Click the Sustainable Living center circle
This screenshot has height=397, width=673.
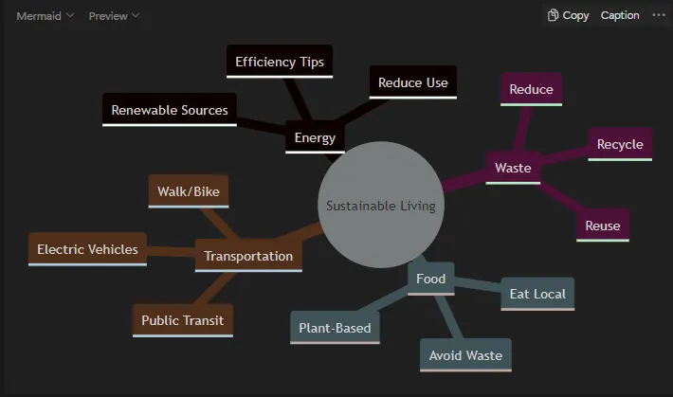click(x=381, y=205)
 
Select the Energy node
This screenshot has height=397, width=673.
click(x=315, y=137)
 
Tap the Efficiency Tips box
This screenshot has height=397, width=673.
click(x=280, y=62)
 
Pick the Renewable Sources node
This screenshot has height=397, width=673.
click(x=170, y=110)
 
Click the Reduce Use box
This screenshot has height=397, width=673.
click(x=413, y=82)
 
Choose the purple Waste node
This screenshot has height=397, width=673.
click(x=513, y=168)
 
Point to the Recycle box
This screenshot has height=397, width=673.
click(x=620, y=144)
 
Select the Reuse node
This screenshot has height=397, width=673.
click(x=603, y=226)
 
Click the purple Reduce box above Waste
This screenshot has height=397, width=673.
click(x=531, y=89)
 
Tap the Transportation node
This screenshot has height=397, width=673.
click(x=248, y=256)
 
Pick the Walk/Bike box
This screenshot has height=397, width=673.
click(x=189, y=191)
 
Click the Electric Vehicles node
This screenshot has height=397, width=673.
click(x=87, y=249)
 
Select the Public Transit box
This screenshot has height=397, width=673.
click(x=183, y=320)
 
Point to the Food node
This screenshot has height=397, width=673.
click(x=431, y=279)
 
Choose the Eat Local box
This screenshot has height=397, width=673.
click(x=537, y=294)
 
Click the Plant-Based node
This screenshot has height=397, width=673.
click(x=335, y=328)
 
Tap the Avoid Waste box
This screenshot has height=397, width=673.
click(x=465, y=355)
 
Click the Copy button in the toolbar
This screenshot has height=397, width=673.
click(x=568, y=15)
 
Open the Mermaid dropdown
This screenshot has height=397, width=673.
click(x=45, y=16)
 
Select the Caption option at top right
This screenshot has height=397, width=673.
click(x=620, y=15)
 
